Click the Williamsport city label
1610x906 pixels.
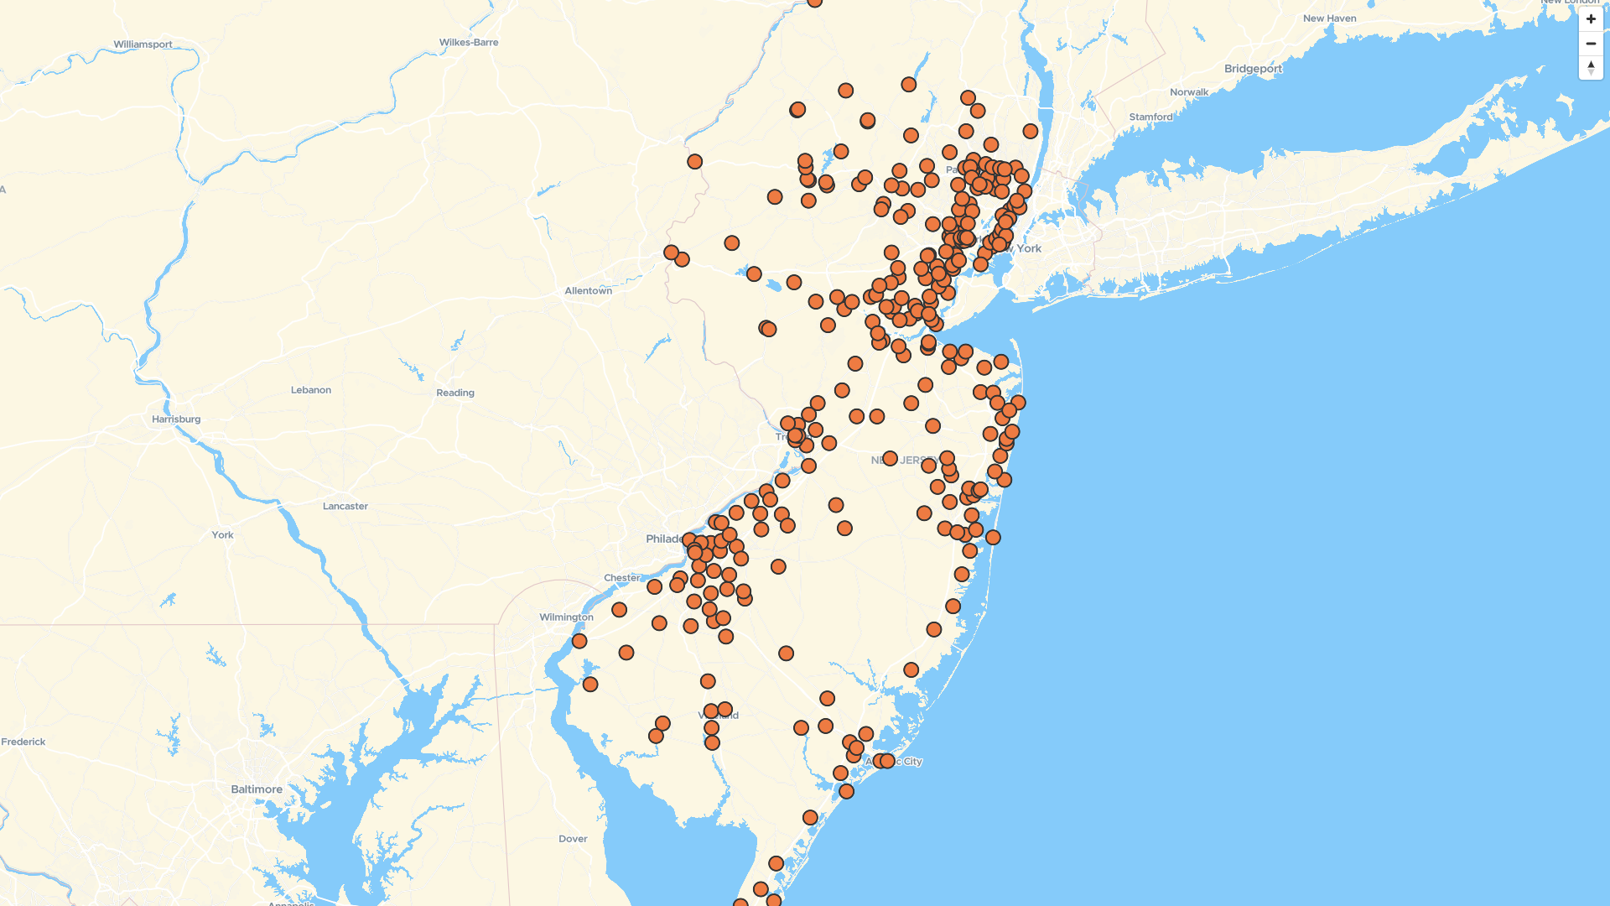click(143, 44)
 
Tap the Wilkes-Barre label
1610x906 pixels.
click(469, 42)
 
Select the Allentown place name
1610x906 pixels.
click(588, 291)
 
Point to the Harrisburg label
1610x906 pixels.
click(176, 419)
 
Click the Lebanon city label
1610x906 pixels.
click(311, 390)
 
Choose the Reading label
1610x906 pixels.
click(455, 393)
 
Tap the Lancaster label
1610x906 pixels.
click(345, 507)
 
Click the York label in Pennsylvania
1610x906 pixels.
click(223, 535)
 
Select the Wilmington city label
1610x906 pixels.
click(566, 617)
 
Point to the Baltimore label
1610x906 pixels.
click(257, 789)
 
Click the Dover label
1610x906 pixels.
click(573, 839)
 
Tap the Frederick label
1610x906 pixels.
click(23, 742)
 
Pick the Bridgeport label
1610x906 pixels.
click(1253, 69)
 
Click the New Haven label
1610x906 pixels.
click(1329, 18)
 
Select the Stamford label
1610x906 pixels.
click(1150, 117)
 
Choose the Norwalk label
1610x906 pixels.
click(1189, 92)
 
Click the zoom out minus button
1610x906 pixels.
click(1591, 44)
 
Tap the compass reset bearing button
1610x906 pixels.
click(1591, 68)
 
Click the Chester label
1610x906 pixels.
click(621, 578)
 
